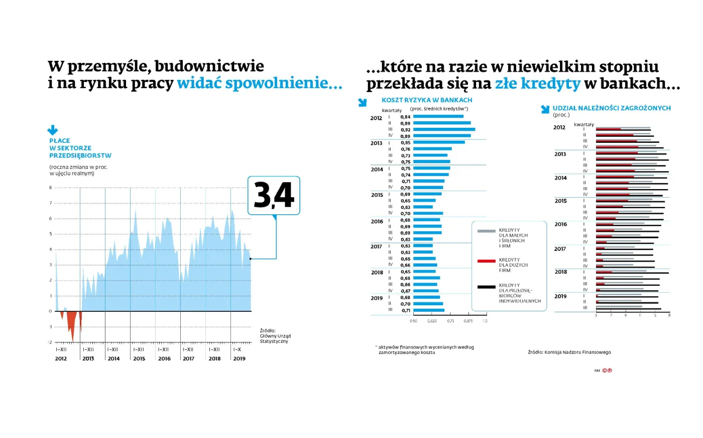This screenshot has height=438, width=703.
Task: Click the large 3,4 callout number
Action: pyautogui.click(x=274, y=195)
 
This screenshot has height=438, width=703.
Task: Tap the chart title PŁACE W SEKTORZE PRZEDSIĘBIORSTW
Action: pyautogui.click(x=80, y=148)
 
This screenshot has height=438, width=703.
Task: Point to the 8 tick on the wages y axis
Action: pyautogui.click(x=50, y=188)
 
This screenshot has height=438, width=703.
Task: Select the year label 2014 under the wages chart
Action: pyautogui.click(x=113, y=359)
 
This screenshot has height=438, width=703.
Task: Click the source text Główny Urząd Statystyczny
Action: pyautogui.click(x=275, y=336)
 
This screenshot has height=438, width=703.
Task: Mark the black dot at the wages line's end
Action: pyautogui.click(x=251, y=259)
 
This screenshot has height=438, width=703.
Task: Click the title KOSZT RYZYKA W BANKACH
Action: pyautogui.click(x=427, y=100)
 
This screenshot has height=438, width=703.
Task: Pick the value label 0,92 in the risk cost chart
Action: pyautogui.click(x=405, y=130)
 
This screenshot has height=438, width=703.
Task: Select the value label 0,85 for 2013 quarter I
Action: pyautogui.click(x=405, y=143)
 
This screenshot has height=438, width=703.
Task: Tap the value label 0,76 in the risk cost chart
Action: pyautogui.click(x=405, y=149)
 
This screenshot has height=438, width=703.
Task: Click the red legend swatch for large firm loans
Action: pyautogui.click(x=486, y=261)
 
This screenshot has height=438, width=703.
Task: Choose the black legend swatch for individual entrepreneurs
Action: pyautogui.click(x=486, y=287)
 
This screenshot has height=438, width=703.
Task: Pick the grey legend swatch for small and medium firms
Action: pyautogui.click(x=486, y=231)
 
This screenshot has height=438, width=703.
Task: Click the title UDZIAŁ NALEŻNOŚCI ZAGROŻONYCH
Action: pyautogui.click(x=612, y=108)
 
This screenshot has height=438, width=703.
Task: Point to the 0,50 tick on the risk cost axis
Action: pyautogui.click(x=413, y=321)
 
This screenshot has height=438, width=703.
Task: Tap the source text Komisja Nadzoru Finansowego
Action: pyautogui.click(x=569, y=352)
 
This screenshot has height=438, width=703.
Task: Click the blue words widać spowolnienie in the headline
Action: pyautogui.click(x=260, y=83)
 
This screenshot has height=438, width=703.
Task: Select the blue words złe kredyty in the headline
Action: pyautogui.click(x=537, y=83)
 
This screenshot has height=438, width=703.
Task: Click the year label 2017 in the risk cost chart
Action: pyautogui.click(x=376, y=247)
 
